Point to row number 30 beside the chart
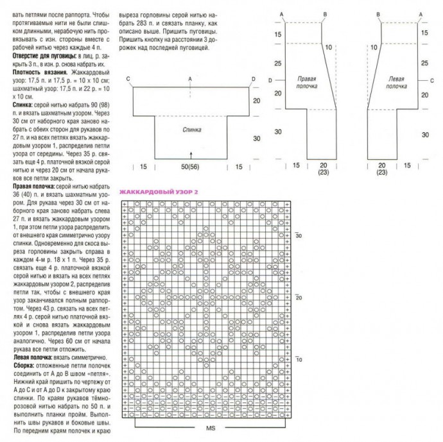coord(299,235)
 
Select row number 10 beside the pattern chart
coord(299,359)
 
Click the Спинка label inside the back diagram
coord(191,129)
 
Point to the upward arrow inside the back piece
coord(191,154)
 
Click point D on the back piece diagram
coord(253,79)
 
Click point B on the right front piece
coord(326,13)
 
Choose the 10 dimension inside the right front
coord(327,47)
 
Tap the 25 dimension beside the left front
coord(424,64)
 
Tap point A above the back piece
coord(191,79)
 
